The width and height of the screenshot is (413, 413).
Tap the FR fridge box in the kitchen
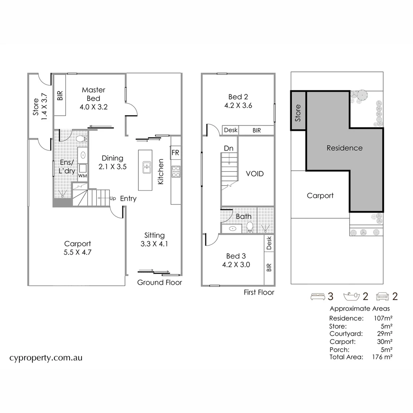(176, 153)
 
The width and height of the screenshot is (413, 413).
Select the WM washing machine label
(82, 176)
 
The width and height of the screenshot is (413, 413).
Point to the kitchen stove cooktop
(176, 171)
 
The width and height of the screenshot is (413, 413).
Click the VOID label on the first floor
(255, 174)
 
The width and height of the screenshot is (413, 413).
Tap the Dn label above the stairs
(229, 148)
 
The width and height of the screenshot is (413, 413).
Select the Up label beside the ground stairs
(113, 198)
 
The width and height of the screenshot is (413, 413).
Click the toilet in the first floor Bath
(250, 228)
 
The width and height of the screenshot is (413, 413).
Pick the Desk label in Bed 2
(231, 130)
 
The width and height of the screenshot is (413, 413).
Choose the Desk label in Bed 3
(269, 243)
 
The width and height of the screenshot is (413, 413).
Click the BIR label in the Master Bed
(60, 95)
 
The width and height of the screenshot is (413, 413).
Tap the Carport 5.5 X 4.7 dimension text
(78, 252)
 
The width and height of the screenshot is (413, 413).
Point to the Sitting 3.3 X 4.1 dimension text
(154, 244)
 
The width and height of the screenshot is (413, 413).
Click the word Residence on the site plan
(345, 148)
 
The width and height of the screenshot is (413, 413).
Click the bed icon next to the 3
(317, 296)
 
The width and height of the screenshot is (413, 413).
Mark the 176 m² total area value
(382, 357)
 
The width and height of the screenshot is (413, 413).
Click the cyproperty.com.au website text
(46, 358)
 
